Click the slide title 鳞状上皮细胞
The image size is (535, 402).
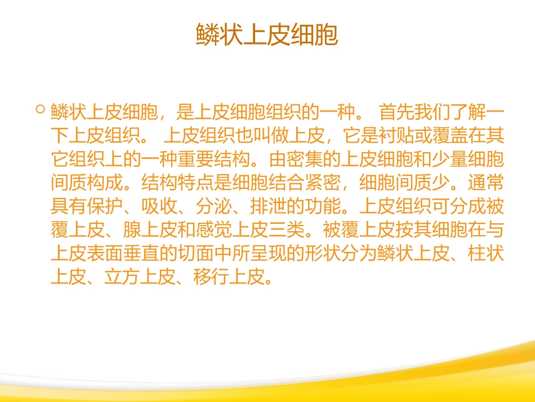(x=267, y=36)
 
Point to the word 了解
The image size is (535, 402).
(x=469, y=112)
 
